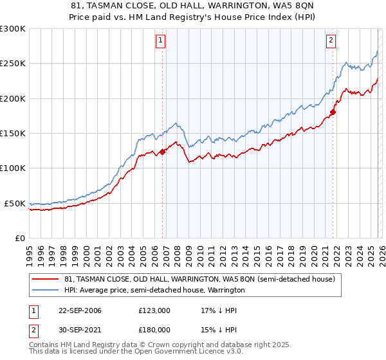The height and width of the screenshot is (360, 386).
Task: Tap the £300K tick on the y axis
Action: tap(13, 29)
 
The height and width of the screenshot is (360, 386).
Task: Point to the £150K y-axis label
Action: tap(13, 134)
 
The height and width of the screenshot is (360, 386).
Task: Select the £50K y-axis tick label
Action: tap(15, 203)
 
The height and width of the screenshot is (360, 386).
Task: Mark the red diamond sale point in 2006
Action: tap(162, 152)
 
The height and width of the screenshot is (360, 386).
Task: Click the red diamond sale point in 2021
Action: tap(333, 113)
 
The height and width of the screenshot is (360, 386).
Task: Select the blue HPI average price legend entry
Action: tap(154, 290)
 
